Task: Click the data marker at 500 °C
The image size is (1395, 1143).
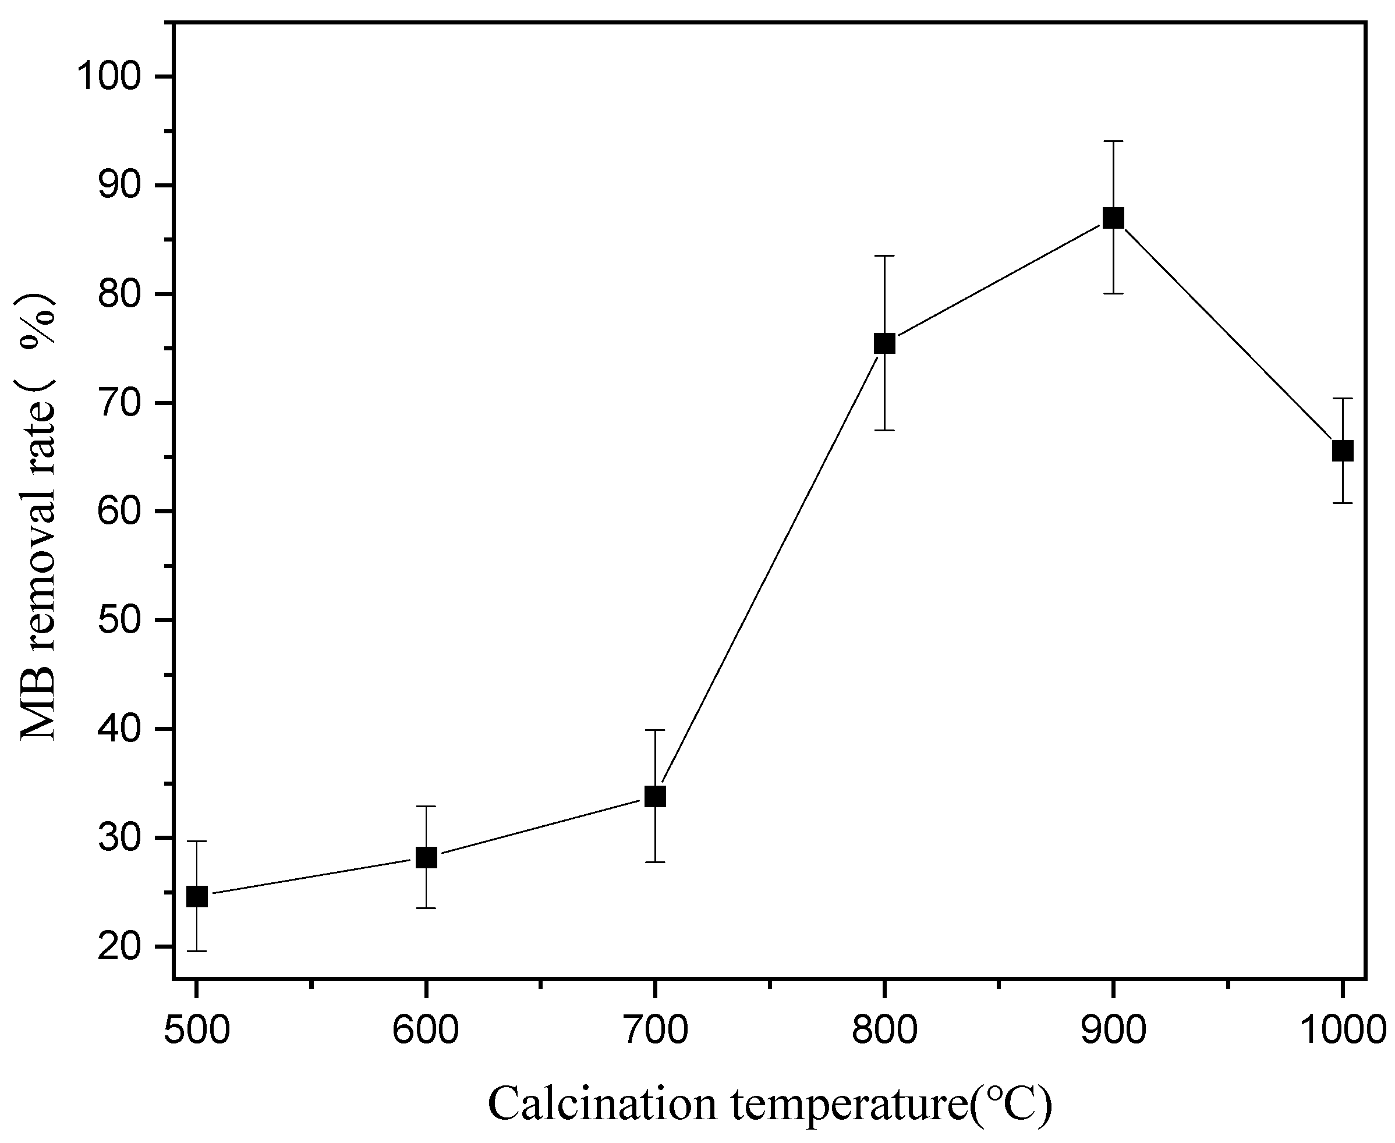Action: pyautogui.click(x=197, y=896)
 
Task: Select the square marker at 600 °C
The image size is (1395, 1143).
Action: pyautogui.click(x=426, y=857)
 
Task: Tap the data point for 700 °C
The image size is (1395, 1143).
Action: pyautogui.click(x=654, y=796)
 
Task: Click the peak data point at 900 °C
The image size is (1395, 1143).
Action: pyautogui.click(x=1113, y=218)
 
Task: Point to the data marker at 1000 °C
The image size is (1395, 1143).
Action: pyautogui.click(x=1342, y=451)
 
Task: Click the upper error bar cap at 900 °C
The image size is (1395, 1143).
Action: pyautogui.click(x=1113, y=141)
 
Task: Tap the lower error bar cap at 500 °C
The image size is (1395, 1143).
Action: pyautogui.click(x=197, y=951)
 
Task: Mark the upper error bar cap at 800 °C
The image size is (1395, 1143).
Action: pyautogui.click(x=884, y=255)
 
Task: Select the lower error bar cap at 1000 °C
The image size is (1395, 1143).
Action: pyautogui.click(x=1342, y=503)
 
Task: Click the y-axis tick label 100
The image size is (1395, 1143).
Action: pyautogui.click(x=109, y=77)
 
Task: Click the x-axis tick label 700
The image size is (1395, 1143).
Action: pyautogui.click(x=654, y=1031)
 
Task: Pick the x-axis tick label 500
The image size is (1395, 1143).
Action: pyautogui.click(x=197, y=1031)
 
